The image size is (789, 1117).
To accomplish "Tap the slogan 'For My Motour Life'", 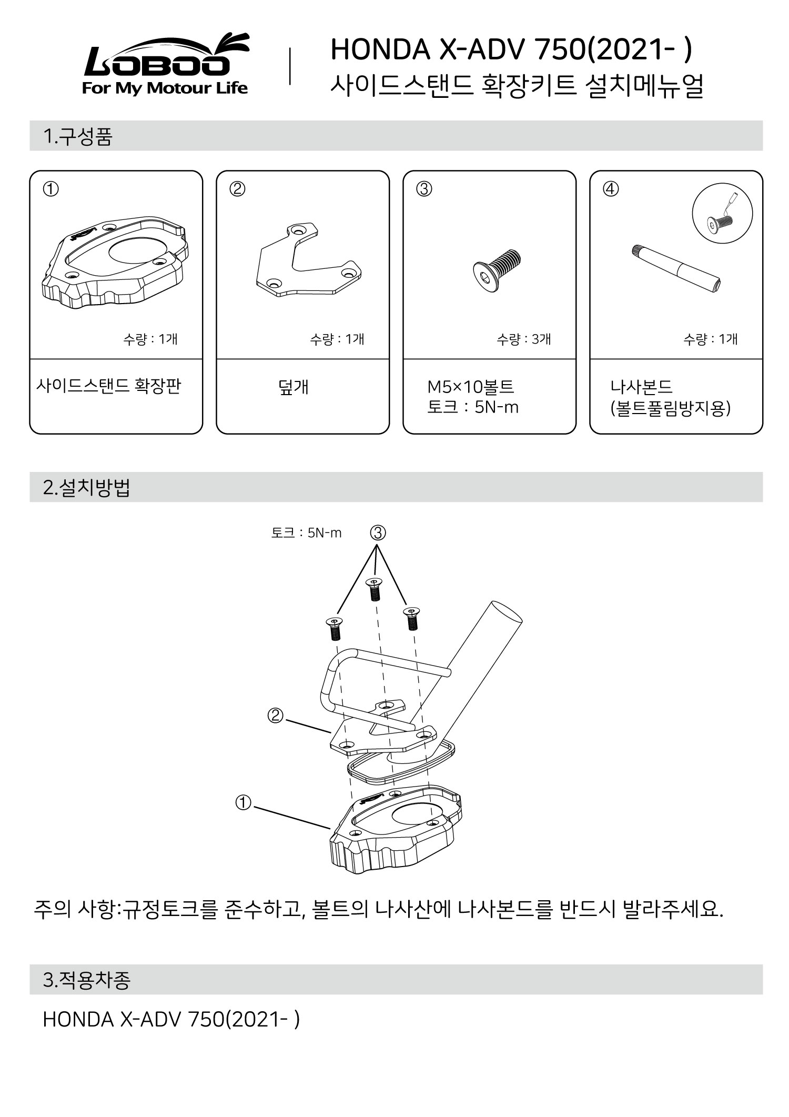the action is coord(165,88).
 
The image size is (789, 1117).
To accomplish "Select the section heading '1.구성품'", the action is coord(78,136).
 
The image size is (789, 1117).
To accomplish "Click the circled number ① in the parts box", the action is coord(50,188).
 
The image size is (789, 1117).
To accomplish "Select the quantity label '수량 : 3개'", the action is coord(523,339).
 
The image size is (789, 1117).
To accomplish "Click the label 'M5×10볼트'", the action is coord(470,387).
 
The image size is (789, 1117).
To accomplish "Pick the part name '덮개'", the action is coord(294,387).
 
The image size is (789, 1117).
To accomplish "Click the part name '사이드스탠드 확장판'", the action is coord(108,386).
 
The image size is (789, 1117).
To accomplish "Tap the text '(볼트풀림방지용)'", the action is coord(670,408).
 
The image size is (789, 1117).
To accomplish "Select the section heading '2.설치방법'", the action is coord(86,487).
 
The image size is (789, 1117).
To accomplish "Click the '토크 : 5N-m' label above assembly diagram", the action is coord(306,533).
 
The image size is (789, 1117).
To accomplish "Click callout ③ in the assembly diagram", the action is coord(378,533).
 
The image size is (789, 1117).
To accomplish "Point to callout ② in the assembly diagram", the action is coord(275,716).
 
